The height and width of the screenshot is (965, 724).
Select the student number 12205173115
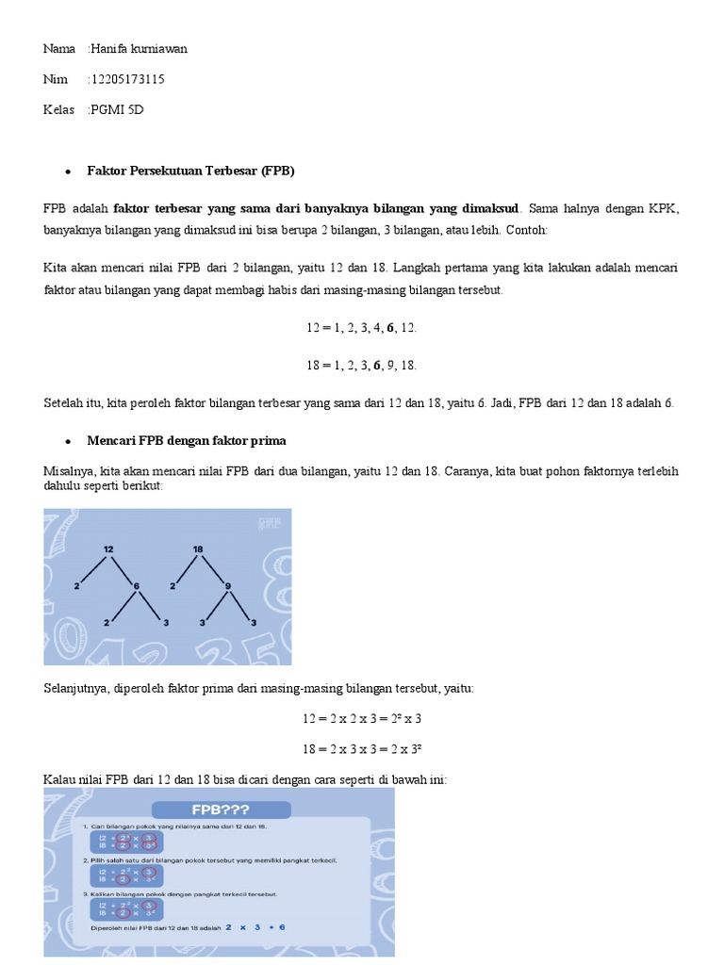tap(126, 79)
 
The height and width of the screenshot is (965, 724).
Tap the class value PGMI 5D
tap(117, 110)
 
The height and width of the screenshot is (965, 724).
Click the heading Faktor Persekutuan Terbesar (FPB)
tap(190, 172)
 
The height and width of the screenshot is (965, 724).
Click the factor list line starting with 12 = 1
tap(361, 328)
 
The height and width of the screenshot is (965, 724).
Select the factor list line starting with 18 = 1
tap(361, 365)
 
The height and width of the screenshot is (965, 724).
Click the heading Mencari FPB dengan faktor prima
tap(186, 440)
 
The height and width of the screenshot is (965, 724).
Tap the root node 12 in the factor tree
tap(108, 548)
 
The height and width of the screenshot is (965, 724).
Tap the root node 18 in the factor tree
tap(199, 548)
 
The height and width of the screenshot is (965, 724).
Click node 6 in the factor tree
tap(137, 586)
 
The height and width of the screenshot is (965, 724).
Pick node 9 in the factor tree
tap(227, 586)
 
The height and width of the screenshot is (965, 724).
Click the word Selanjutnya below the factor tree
tap(77, 689)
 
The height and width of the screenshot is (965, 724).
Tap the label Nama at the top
tap(58, 48)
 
